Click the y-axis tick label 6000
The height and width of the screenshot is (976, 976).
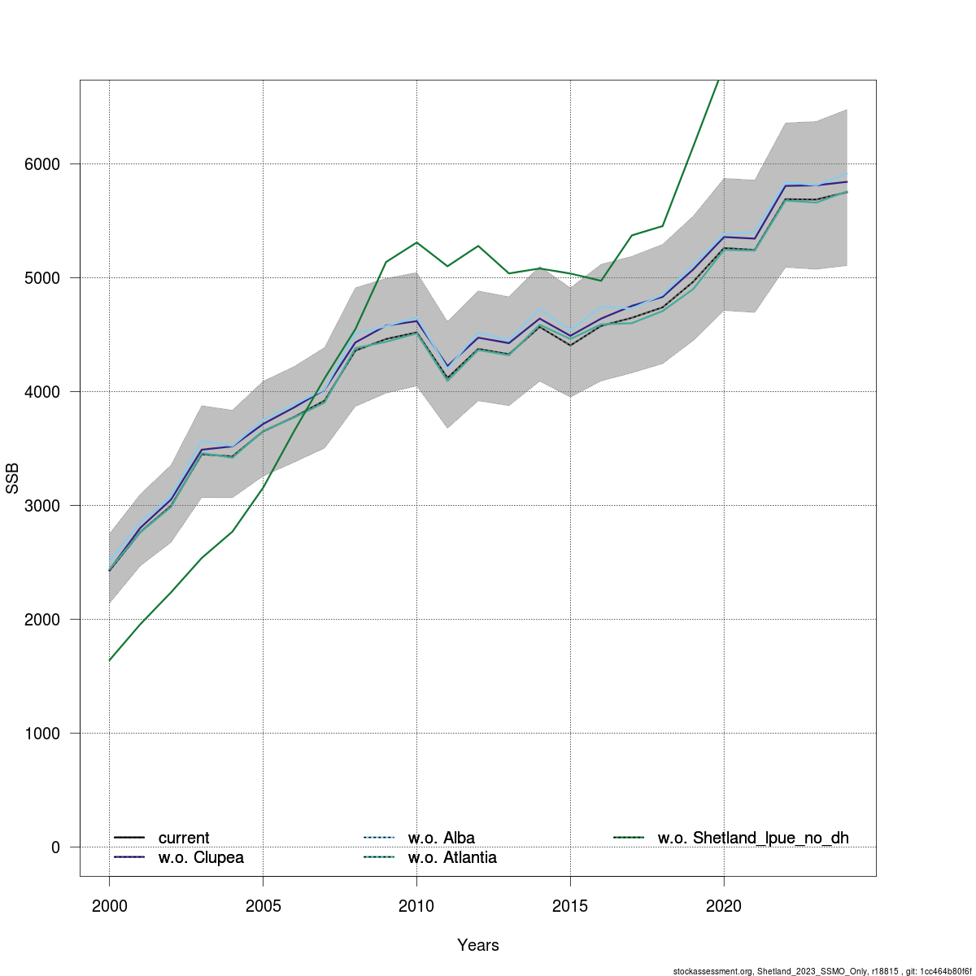pos(42,164)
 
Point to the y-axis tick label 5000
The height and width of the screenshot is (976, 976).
pos(42,278)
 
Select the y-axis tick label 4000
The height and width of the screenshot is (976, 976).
pos(42,392)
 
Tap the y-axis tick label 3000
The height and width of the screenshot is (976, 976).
pos(42,506)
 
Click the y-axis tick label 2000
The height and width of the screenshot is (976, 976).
pos(42,620)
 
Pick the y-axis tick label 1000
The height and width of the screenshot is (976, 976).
pos(42,734)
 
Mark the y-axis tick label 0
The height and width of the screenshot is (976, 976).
pos(55,847)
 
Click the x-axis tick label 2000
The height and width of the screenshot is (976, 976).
pos(109,906)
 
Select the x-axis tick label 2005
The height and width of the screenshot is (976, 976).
pos(263,906)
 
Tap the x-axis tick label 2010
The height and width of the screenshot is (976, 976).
pos(416,906)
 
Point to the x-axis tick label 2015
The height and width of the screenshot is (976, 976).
pos(570,906)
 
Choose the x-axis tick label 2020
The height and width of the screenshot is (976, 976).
pos(724,906)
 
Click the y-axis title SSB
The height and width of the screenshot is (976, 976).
pos(12,478)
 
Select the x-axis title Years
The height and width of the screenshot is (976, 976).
pos(478,945)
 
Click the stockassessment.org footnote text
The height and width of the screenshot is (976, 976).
pos(821,971)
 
